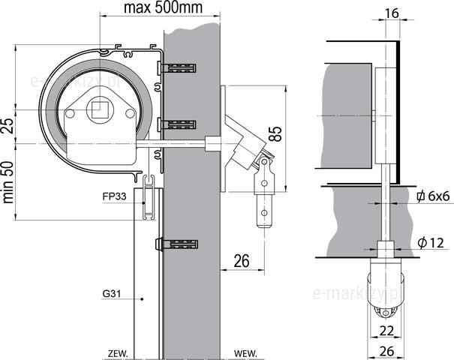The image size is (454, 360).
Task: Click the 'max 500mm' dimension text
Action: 163,7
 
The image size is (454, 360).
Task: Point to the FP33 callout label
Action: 114,196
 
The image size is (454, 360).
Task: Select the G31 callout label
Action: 112,294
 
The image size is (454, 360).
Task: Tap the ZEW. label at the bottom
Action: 118,354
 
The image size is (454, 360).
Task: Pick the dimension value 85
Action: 275,133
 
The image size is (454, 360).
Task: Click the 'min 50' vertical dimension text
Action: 8,181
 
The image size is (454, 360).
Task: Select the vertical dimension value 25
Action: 8,126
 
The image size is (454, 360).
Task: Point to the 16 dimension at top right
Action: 392,13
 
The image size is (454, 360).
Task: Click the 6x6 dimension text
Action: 438,196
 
